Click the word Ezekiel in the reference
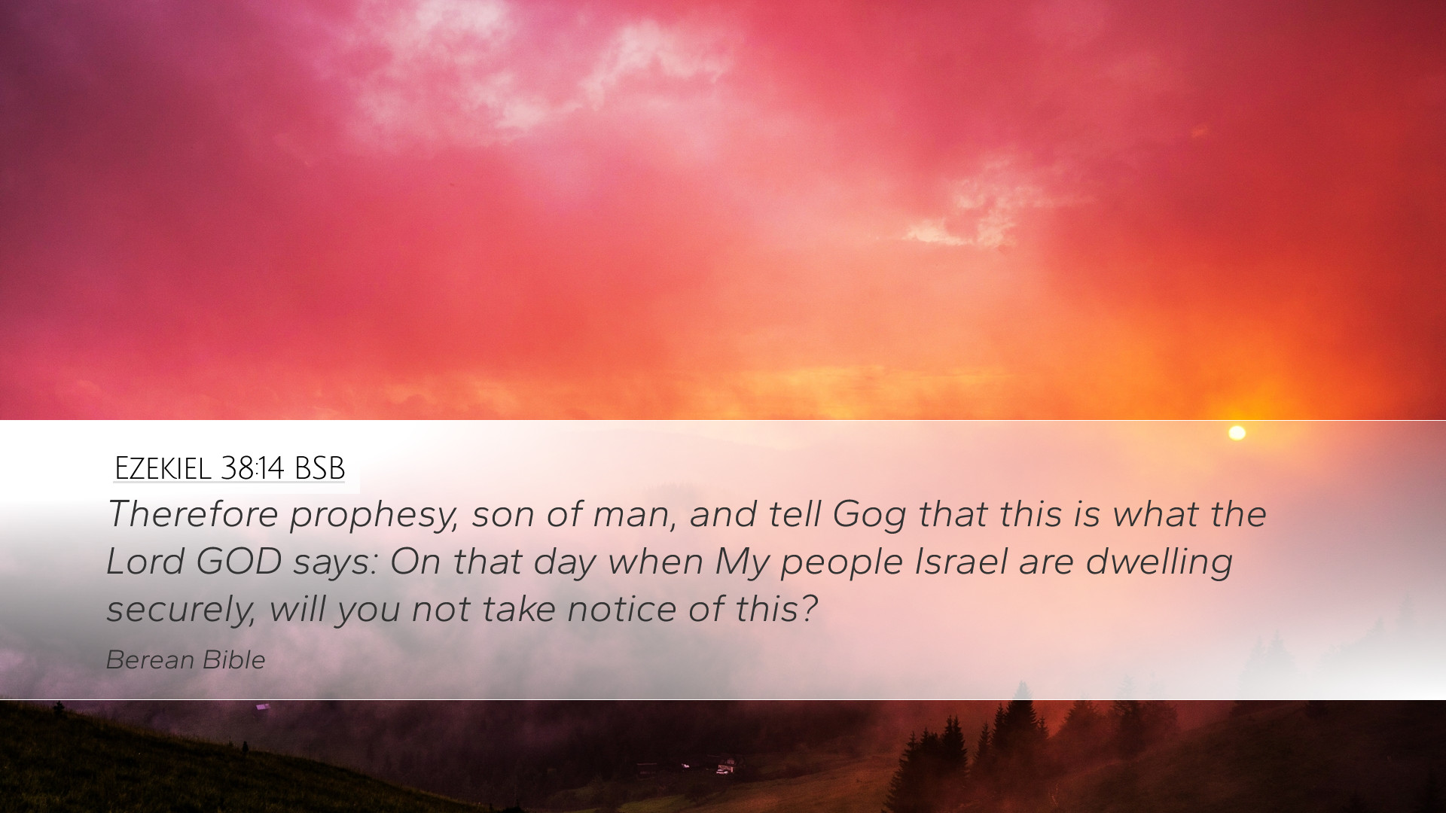coord(163,468)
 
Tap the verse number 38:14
coord(252,468)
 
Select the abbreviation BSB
coord(319,468)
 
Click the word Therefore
coord(193,514)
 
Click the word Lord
coord(145,562)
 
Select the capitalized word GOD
coord(239,562)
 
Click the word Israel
coord(961,562)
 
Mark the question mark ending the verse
coord(810,609)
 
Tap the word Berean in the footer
coord(150,660)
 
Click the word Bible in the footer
coord(234,660)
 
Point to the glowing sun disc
coord(1237,433)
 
